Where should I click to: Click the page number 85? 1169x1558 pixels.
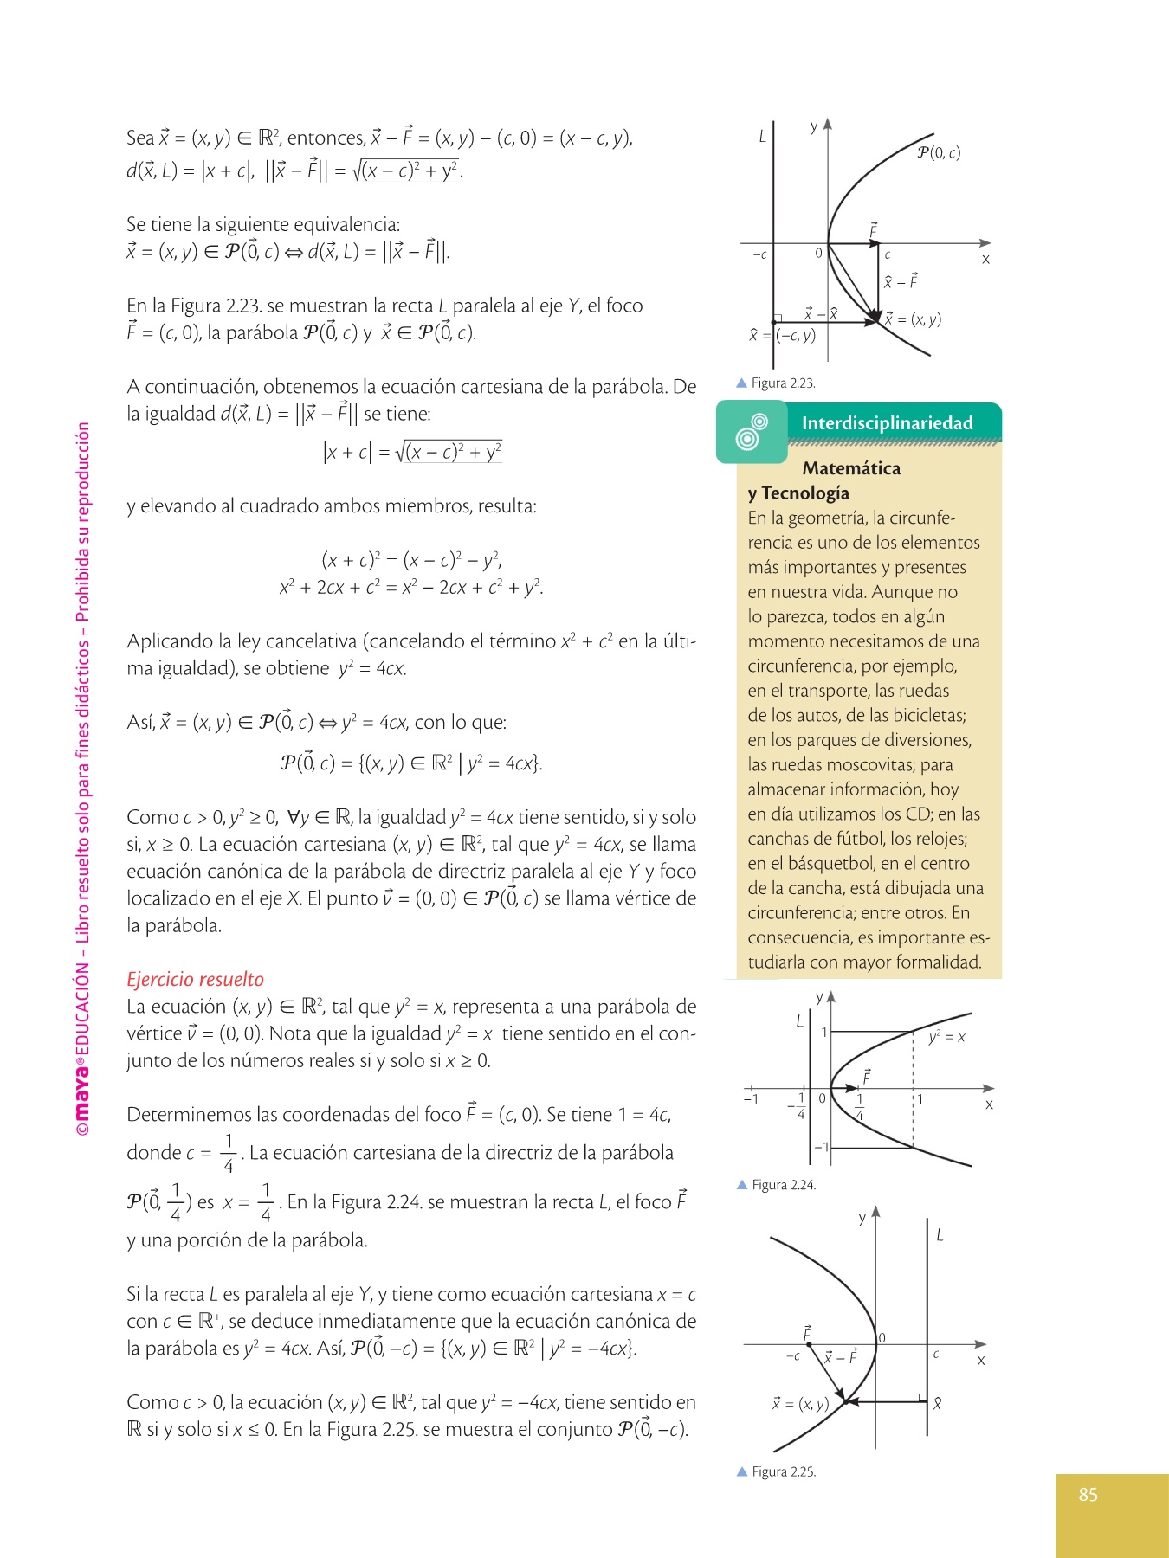[1088, 1494]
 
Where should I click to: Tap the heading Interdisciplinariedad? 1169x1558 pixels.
[887, 423]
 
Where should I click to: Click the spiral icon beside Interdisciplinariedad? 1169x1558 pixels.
[751, 432]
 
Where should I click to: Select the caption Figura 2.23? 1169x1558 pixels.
[783, 383]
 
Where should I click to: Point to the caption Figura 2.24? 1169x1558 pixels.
[783, 1185]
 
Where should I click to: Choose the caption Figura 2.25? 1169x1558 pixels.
[783, 1471]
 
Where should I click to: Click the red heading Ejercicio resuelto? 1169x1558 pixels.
[195, 979]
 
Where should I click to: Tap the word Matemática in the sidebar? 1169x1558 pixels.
[851, 468]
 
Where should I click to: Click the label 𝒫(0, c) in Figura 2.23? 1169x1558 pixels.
[939, 153]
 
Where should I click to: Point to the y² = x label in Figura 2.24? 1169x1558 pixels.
[946, 1036]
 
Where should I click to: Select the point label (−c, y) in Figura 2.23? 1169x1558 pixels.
[795, 336]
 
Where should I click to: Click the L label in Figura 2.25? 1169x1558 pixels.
[940, 1235]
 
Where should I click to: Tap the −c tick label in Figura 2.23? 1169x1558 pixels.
[759, 255]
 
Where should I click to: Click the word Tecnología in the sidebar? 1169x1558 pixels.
[805, 493]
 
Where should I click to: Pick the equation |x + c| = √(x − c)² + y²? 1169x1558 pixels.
[411, 451]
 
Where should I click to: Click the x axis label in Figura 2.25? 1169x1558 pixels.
[980, 1361]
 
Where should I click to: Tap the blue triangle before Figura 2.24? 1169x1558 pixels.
[742, 1185]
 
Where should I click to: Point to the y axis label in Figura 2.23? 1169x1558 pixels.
[814, 127]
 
